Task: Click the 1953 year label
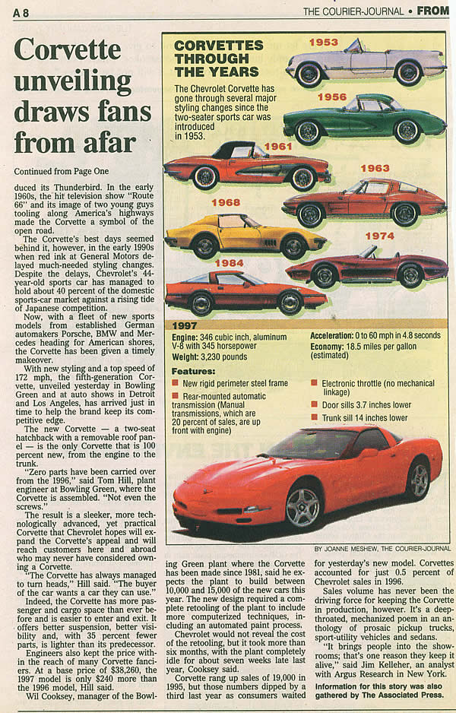pyautogui.click(x=323, y=43)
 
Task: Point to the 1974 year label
pyautogui.click(x=379, y=236)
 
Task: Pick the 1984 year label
pyautogui.click(x=229, y=263)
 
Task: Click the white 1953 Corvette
pyautogui.click(x=365, y=64)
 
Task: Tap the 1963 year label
pyautogui.click(x=375, y=168)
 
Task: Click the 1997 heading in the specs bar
pyautogui.click(x=185, y=325)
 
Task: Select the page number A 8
pyautogui.click(x=21, y=11)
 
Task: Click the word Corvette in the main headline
pyautogui.click(x=67, y=50)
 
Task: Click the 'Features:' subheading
pyautogui.click(x=193, y=371)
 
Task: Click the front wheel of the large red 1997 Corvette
pyautogui.click(x=302, y=506)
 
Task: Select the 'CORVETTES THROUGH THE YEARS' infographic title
pyautogui.click(x=219, y=59)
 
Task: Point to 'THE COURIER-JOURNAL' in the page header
pyautogui.click(x=353, y=11)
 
